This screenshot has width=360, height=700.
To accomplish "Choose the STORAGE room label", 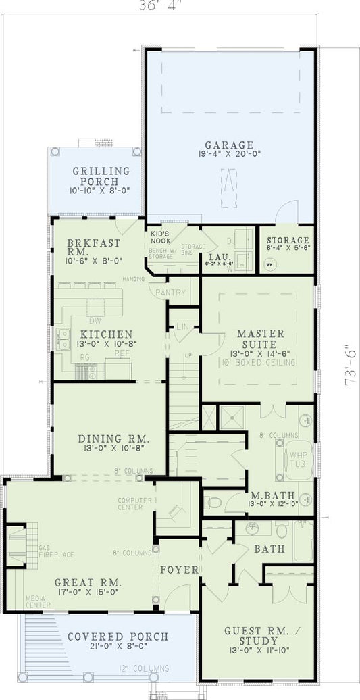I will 288,241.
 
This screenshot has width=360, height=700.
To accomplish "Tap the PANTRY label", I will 170,293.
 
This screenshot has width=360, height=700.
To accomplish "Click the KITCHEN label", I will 106,334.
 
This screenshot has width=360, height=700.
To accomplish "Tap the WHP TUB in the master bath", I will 298,459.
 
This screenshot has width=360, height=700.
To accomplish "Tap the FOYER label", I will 179,570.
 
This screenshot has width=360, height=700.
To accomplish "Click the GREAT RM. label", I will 88,582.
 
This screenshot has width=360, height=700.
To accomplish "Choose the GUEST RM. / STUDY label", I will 257,635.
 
